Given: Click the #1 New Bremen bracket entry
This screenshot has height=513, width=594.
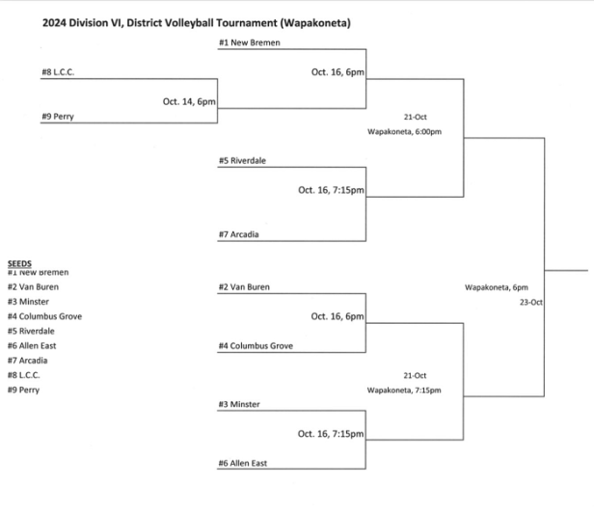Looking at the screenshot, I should click(x=250, y=42).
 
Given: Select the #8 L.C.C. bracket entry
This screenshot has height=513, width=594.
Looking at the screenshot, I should click(x=58, y=72).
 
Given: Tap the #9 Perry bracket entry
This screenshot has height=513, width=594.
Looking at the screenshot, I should click(x=57, y=116).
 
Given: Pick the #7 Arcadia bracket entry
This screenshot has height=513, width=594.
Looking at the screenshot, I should click(x=239, y=233).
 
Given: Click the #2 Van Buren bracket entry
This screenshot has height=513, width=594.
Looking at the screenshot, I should click(x=245, y=286).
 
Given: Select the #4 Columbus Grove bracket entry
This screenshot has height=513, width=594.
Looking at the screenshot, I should click(x=256, y=345).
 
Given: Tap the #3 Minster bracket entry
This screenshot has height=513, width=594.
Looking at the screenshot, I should click(x=239, y=404).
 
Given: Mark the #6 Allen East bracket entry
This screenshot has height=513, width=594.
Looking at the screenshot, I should click(x=243, y=463).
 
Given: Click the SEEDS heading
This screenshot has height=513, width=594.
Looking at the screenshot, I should click(x=19, y=263).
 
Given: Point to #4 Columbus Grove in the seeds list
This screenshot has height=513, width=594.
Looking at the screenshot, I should click(x=41, y=315).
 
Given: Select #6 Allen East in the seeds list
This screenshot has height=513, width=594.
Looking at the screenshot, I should click(x=32, y=345).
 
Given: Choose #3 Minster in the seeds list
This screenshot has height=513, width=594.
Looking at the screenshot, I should click(x=28, y=301).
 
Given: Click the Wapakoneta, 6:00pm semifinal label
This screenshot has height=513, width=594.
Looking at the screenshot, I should click(x=404, y=131).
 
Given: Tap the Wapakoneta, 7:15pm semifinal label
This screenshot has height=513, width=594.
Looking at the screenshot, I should click(x=404, y=390).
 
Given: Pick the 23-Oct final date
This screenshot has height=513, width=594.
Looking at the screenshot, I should click(x=531, y=302).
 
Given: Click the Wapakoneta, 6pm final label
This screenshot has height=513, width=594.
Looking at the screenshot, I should click(x=496, y=286).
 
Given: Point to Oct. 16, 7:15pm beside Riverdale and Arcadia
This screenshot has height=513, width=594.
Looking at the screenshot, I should click(x=331, y=189).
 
